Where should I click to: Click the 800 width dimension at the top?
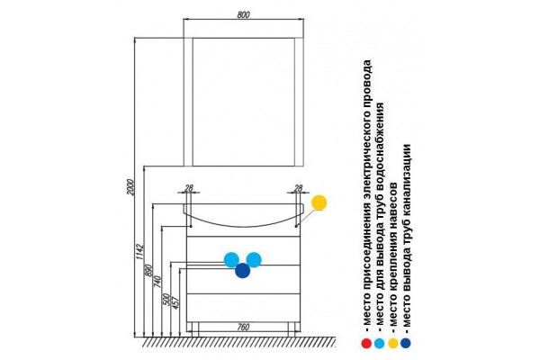click(x=244, y=14)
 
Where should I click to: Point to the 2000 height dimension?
click(x=130, y=187)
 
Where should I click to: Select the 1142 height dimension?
click(x=139, y=252)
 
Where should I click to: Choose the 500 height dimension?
click(x=166, y=300)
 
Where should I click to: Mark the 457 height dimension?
click(x=175, y=302)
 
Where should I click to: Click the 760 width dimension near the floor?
click(x=243, y=327)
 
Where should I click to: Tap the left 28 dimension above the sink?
click(x=189, y=188)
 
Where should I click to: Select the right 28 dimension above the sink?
click(x=298, y=188)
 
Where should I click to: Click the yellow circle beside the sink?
click(x=319, y=202)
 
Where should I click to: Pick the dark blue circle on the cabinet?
click(x=242, y=270)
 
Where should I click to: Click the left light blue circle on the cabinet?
click(x=231, y=260)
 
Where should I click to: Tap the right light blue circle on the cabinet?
click(x=254, y=260)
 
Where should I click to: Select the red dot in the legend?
click(x=366, y=343)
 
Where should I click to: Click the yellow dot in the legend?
click(x=393, y=343)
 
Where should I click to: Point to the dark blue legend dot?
click(x=406, y=343)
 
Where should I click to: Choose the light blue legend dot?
click(x=379, y=343)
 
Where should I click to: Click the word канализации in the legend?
click(x=407, y=178)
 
